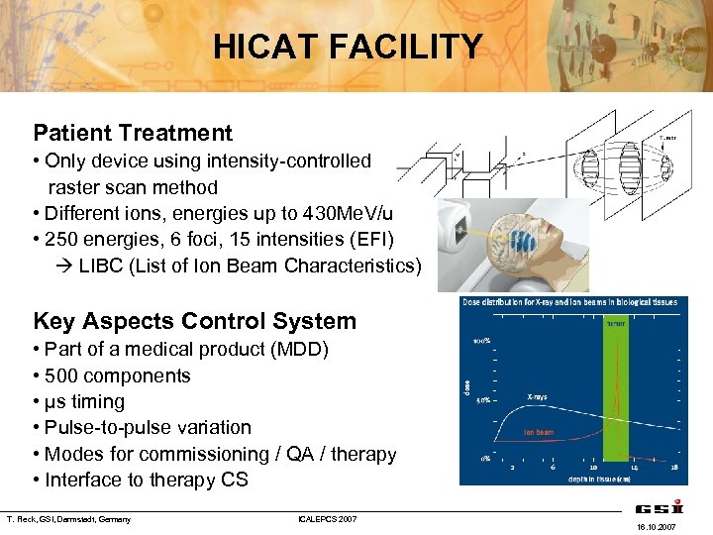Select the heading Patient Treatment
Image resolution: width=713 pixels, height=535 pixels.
pos(133,133)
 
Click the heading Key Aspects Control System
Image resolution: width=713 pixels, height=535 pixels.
pos(194,321)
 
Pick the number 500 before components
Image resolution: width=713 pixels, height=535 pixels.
pos(63,375)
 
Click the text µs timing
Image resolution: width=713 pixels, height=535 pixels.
pos(84,401)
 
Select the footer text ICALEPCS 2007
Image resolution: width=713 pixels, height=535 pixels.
pos(328,519)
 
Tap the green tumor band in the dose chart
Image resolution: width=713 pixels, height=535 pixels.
pos(615,396)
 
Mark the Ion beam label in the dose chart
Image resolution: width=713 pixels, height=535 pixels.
pos(539,432)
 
